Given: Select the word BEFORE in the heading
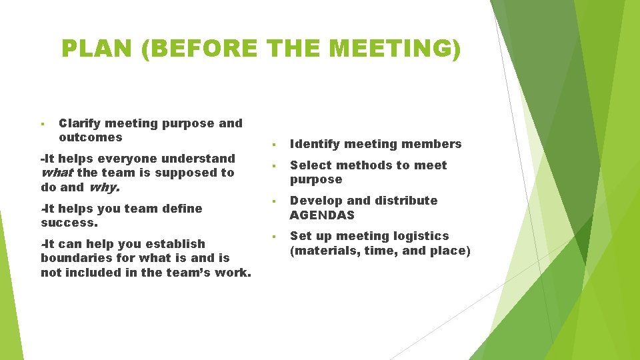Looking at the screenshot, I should tap(199, 49).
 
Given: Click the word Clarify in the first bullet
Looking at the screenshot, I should tap(79, 123).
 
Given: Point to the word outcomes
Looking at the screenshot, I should tap(91, 137).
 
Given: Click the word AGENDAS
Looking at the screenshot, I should tap(322, 215).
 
